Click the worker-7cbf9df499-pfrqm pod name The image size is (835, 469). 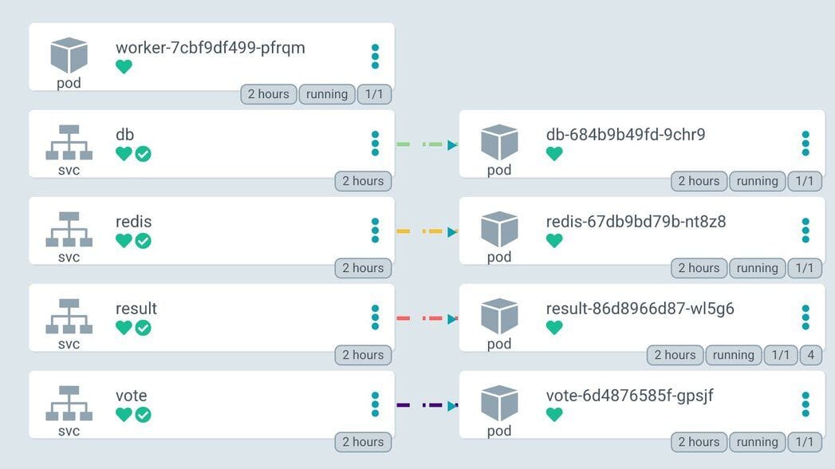210,48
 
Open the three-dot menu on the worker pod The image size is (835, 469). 375,57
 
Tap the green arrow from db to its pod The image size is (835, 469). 427,145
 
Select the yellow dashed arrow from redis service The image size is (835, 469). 427,232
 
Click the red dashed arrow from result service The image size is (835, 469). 427,319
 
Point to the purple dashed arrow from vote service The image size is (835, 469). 427,406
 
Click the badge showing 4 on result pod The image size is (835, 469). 811,355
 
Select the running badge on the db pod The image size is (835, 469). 757,181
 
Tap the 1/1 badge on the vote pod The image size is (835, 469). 805,442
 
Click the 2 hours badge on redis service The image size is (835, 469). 363,268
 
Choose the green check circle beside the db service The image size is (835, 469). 143,154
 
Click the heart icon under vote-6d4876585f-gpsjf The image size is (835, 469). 554,415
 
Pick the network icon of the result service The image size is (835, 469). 69,317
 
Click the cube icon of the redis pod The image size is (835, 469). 499,229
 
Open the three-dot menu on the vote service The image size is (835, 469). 375,404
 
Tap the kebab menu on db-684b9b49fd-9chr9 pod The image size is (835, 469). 805,144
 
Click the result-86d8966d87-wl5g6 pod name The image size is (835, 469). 640,309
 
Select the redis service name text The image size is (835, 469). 133,222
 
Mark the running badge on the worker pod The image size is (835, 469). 326,94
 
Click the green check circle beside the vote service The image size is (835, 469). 143,415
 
